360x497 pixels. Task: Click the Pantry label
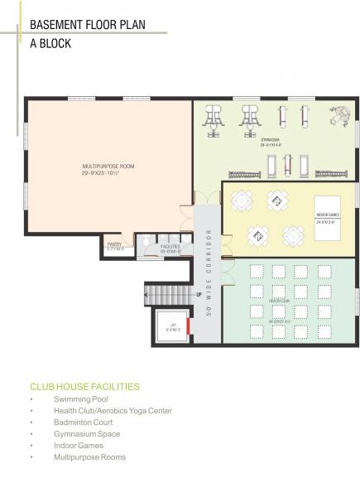[x=114, y=246]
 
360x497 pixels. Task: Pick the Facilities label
[x=170, y=248]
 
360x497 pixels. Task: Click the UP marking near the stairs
[x=199, y=294]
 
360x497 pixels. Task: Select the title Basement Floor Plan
[x=87, y=25]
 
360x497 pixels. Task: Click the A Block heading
[x=50, y=43]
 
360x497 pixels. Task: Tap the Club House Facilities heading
[x=84, y=387]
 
